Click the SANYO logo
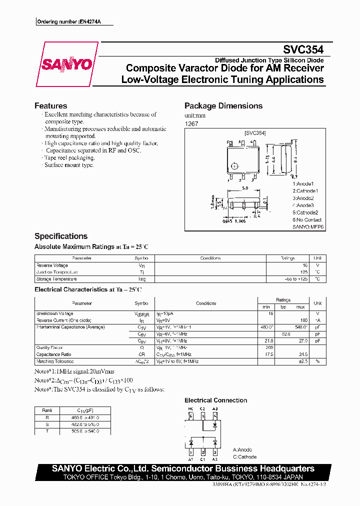point(66,64)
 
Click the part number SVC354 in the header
point(303,50)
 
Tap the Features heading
point(50,106)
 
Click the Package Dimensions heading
point(223,106)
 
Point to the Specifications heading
point(60,236)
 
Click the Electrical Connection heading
point(215,400)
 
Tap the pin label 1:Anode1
point(303,183)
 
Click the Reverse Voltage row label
point(52,265)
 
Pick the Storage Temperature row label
point(56,279)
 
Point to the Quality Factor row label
point(50,347)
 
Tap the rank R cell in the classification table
point(47,416)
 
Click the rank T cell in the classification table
point(47,430)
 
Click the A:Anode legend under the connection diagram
point(242,449)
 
